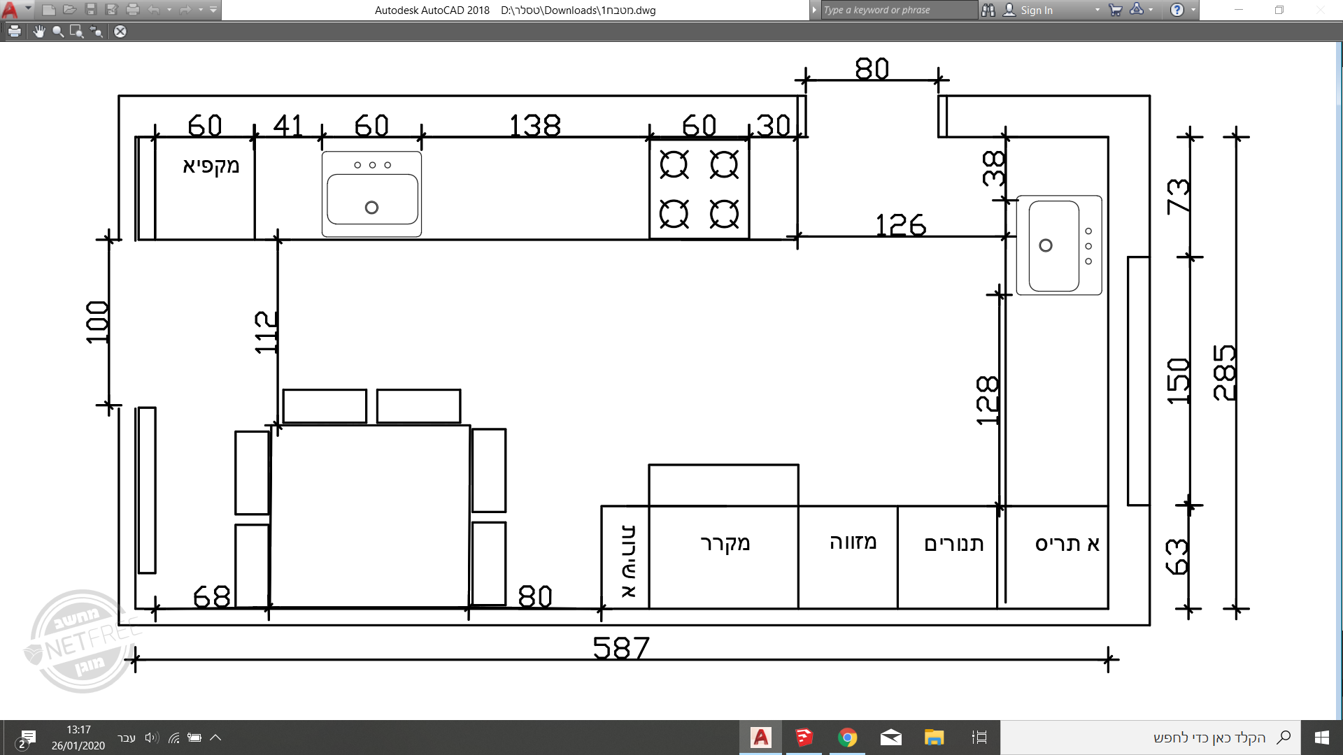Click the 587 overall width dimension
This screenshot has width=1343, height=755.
(621, 648)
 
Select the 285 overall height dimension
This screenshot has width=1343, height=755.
(1225, 373)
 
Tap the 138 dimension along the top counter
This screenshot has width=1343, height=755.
(534, 126)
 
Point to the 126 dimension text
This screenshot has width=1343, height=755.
(900, 225)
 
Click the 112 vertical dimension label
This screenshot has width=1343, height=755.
(266, 332)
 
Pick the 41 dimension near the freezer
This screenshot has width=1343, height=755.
(287, 126)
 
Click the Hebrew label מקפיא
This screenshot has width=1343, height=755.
(211, 166)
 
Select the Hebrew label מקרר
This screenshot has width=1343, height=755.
(725, 543)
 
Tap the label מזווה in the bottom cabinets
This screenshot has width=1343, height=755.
(853, 542)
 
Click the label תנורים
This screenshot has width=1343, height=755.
(953, 544)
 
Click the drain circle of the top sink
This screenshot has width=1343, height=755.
(371, 208)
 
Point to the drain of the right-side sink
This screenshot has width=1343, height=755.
(1045, 245)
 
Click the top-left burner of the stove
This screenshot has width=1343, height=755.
(674, 165)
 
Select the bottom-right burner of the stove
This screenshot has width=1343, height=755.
(724, 214)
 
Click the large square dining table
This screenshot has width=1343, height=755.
(370, 516)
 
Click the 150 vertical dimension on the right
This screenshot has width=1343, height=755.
(1179, 380)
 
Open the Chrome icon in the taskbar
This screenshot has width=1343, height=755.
(847, 738)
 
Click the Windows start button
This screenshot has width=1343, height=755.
(1321, 738)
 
